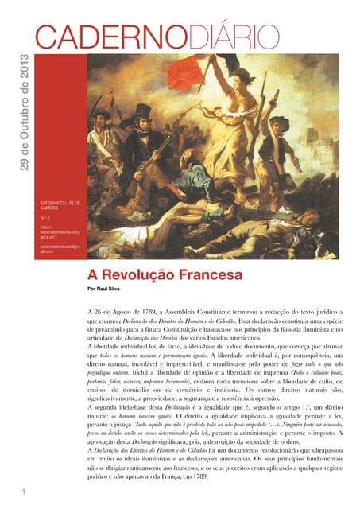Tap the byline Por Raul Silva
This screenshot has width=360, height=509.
tap(108, 289)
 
